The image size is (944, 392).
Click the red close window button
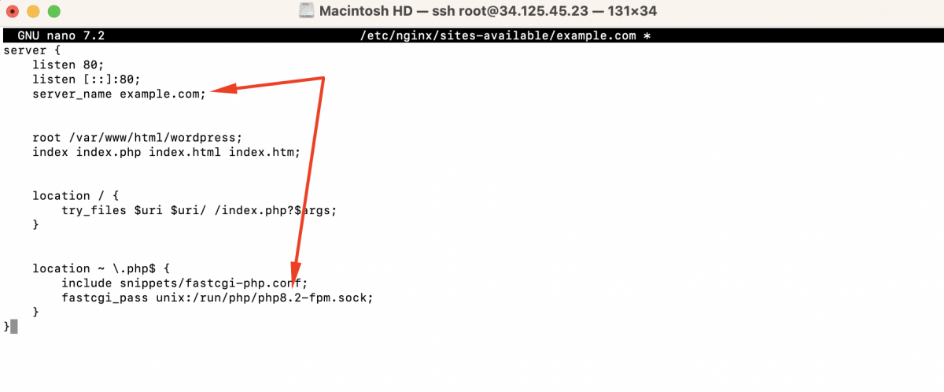pyautogui.click(x=13, y=11)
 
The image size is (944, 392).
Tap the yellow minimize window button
pyautogui.click(x=33, y=11)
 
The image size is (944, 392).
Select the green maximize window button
pyautogui.click(x=54, y=11)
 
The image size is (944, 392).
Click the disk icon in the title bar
pyautogui.click(x=306, y=10)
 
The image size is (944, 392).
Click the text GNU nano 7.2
pyautogui.click(x=61, y=35)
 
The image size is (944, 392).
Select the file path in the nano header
pyautogui.click(x=498, y=35)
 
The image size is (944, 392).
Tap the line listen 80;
pyautogui.click(x=68, y=65)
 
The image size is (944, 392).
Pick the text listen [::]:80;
pyautogui.click(x=86, y=80)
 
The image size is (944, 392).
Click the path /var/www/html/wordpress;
pyautogui.click(x=156, y=138)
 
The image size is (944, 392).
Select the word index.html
pyautogui.click(x=185, y=152)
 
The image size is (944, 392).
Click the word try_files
pyautogui.click(x=94, y=210)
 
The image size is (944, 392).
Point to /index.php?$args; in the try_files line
pyautogui.click(x=275, y=210)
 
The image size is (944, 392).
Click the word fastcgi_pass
pyautogui.click(x=105, y=298)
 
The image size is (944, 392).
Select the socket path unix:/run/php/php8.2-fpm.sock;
pyautogui.click(x=264, y=298)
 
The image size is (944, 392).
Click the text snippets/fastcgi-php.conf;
pyautogui.click(x=214, y=283)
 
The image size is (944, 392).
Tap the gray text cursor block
pyautogui.click(x=14, y=327)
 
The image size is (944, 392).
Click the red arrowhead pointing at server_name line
pyautogui.click(x=223, y=88)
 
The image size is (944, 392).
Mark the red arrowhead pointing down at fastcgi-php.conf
pyautogui.click(x=296, y=275)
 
